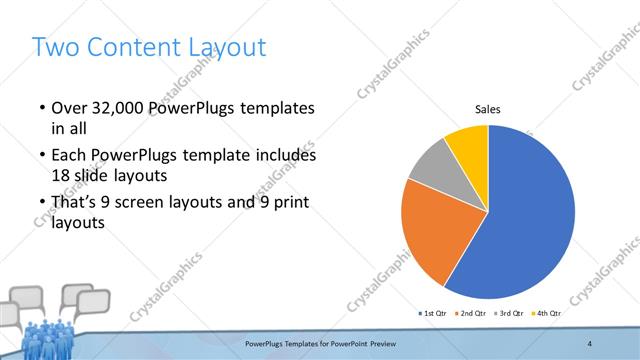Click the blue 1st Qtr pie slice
tap(530, 220)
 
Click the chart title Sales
tap(487, 109)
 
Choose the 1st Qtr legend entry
tap(433, 314)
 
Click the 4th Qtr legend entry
tap(547, 314)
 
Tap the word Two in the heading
tap(55, 47)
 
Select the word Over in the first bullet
tap(71, 107)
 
